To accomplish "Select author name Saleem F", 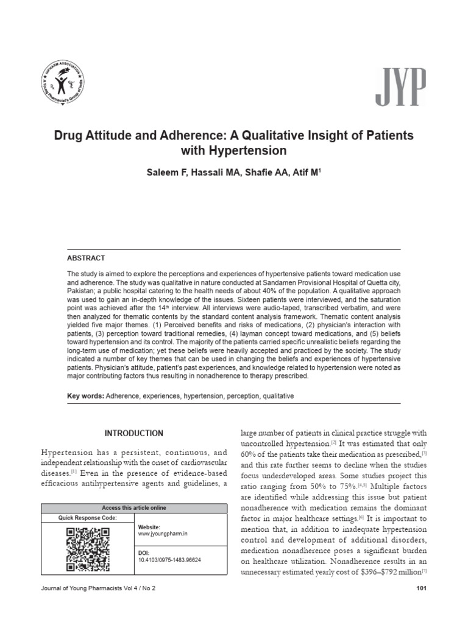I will point(165,173).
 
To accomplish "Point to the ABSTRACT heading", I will point(86,258).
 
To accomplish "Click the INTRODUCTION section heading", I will point(133,433).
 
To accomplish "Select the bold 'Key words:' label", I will point(85,396).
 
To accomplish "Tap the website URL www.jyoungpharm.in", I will point(161,534).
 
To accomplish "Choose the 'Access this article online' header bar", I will point(133,508).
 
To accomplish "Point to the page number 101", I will point(420,588).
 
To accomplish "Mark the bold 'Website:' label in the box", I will point(149,527).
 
